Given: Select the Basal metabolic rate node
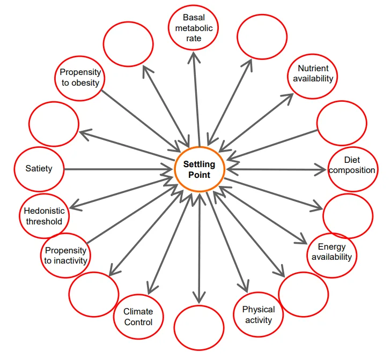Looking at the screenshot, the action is (x=194, y=28).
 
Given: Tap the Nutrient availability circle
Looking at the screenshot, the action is (x=313, y=77).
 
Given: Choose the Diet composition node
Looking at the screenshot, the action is (x=353, y=169).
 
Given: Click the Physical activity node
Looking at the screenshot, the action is (x=259, y=314).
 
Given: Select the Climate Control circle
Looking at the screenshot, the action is (x=138, y=317).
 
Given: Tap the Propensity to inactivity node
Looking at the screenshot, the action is (x=65, y=256).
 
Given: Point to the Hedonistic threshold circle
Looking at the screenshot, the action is (x=44, y=216).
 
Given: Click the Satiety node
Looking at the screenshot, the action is (x=39, y=169).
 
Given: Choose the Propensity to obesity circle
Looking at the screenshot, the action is (x=80, y=78).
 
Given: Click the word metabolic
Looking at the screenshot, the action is (x=194, y=28).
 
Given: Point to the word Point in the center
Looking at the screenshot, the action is (x=199, y=175).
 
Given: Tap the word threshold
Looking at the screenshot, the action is (x=44, y=221).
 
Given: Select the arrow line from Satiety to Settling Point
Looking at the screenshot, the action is (x=118, y=169).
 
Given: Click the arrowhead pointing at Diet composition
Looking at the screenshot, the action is (x=320, y=170).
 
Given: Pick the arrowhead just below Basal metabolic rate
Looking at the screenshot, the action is (x=194, y=58).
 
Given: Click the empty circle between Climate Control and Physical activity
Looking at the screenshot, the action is (x=199, y=328).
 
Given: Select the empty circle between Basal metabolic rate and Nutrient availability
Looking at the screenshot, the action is (x=262, y=37).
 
